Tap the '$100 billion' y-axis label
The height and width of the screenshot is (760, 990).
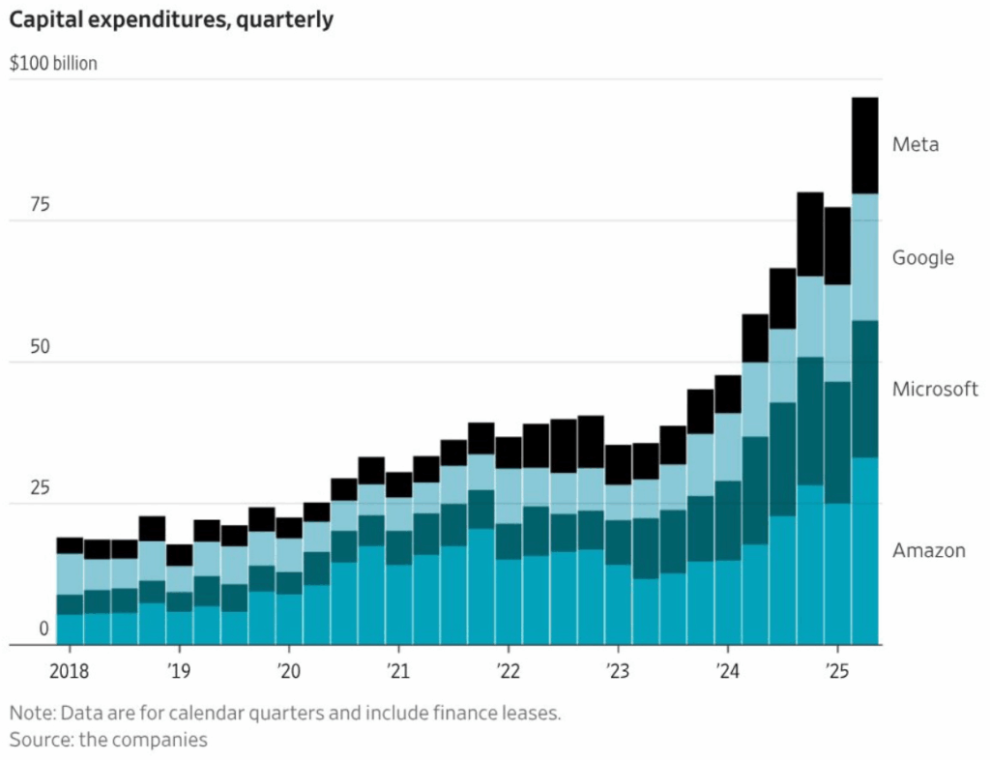coord(53,65)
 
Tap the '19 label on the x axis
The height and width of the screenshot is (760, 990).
coord(178,669)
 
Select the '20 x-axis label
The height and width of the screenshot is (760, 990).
coord(287,669)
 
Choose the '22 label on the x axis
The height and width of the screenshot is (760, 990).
coord(507,669)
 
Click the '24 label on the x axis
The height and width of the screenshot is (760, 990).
coord(726,669)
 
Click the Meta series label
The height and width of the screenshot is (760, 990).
coord(915,145)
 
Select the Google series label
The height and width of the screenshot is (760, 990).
coord(922,258)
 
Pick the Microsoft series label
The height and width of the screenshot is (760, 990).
coord(934,390)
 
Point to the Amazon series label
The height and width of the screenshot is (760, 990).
coord(928,550)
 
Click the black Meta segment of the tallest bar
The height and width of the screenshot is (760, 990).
coord(864,145)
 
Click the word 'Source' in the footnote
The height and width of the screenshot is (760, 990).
coord(38,740)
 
